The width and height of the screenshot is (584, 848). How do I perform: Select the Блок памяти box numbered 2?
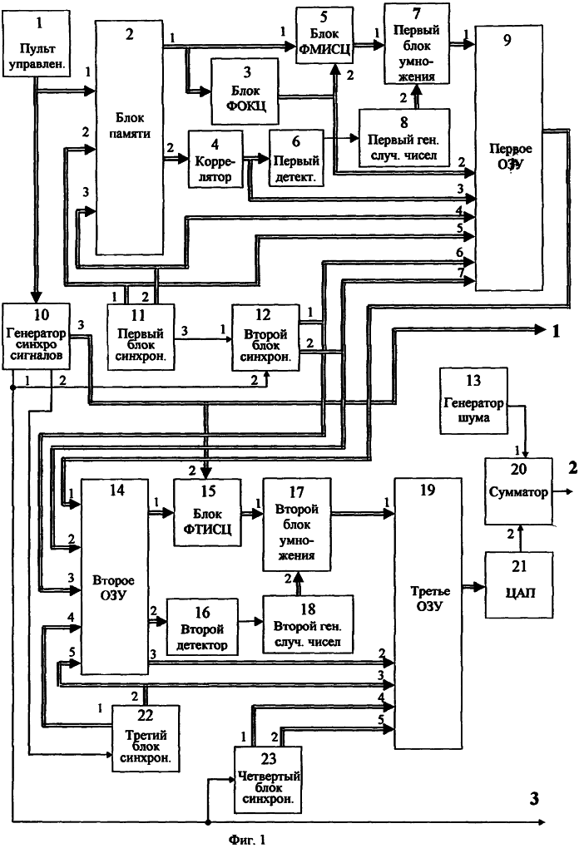click(x=128, y=137)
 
